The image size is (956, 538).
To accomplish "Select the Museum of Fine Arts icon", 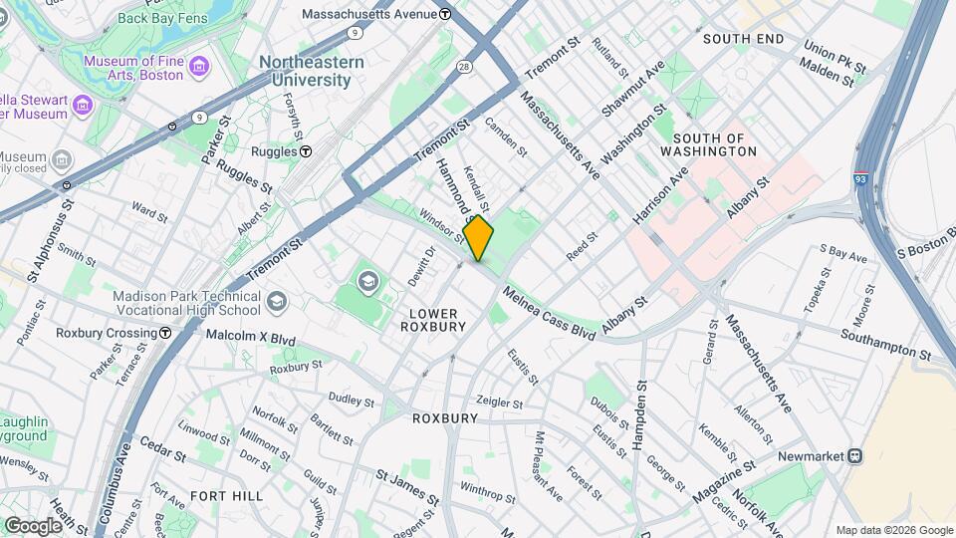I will coord(201,67).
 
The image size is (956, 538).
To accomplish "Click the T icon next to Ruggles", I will coord(307,151).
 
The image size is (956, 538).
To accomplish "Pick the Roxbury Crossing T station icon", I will coord(165,333).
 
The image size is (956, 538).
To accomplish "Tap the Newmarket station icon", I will coord(853,455).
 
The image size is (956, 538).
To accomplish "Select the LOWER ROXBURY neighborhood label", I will coord(433,319).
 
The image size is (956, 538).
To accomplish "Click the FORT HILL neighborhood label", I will coord(226,495).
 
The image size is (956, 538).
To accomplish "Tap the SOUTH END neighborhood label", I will coord(743,39).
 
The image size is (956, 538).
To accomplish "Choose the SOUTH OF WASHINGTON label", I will coord(714,144).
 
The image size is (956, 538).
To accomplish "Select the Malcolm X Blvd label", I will coord(250,338).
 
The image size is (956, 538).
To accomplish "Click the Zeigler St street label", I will coord(499,403).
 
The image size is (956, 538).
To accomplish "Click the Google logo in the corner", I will coord(33,525).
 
